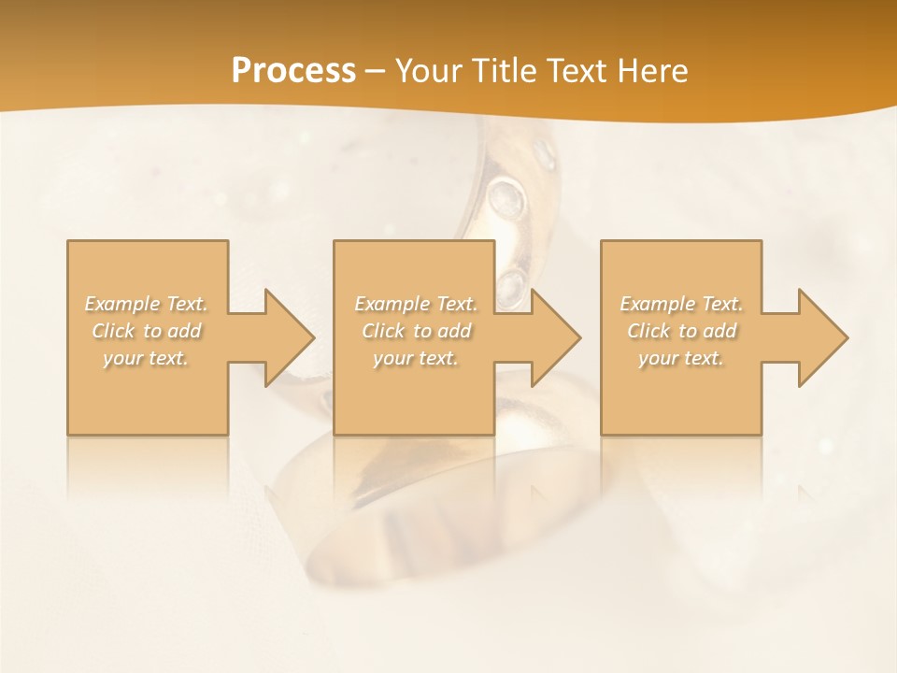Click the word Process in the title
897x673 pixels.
[293, 71]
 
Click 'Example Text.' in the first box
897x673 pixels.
[147, 304]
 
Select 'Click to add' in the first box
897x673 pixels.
[147, 331]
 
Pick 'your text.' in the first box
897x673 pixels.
[147, 358]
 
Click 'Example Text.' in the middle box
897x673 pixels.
[416, 304]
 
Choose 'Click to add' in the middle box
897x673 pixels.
[416, 331]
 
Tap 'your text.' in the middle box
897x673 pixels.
[416, 358]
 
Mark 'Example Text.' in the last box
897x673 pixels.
[681, 304]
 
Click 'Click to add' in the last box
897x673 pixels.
[681, 331]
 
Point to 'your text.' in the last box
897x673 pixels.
[681, 358]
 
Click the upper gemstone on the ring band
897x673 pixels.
[506, 197]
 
